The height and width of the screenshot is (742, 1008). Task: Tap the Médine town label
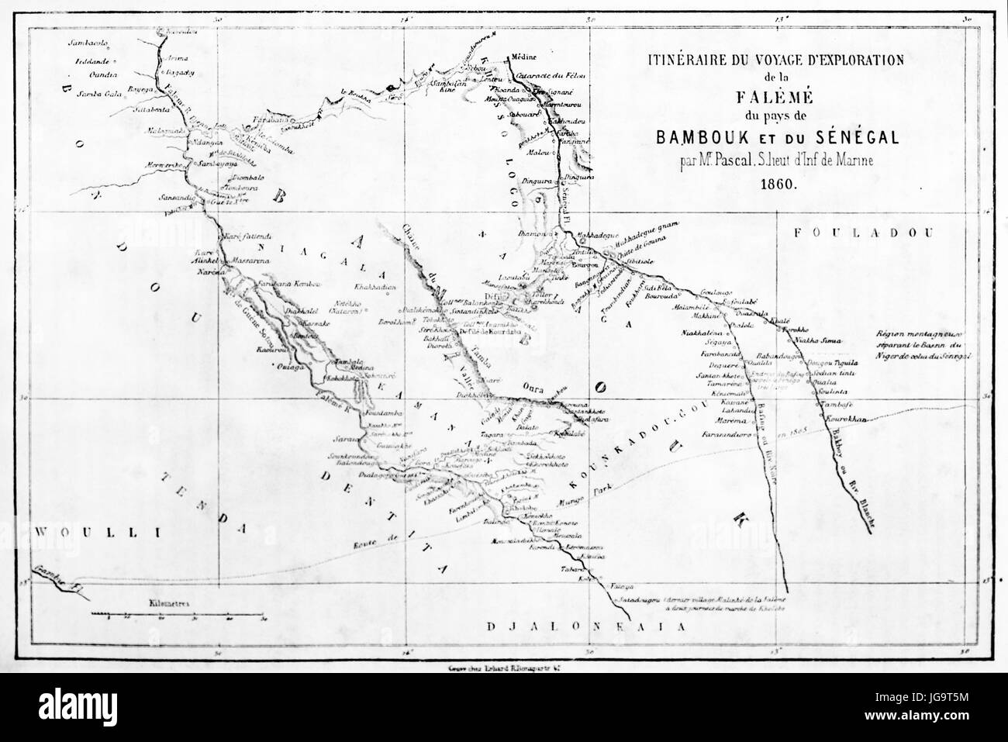tap(520, 57)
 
